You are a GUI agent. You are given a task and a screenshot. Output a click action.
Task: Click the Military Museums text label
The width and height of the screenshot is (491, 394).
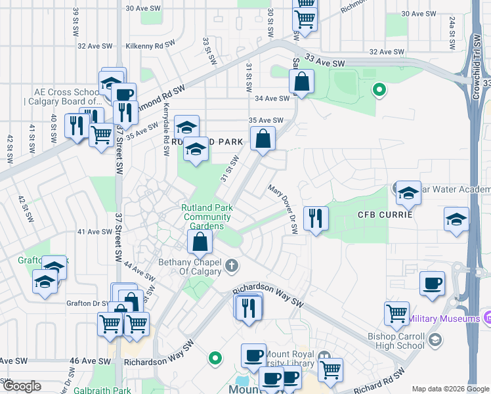[444, 319]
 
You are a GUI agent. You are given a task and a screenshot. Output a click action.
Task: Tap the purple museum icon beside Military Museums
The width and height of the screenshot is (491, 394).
[486, 318]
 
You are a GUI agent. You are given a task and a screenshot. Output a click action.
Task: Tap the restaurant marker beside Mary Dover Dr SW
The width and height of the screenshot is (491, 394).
[316, 219]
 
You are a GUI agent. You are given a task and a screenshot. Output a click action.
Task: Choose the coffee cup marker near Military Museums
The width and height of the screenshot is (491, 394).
[431, 283]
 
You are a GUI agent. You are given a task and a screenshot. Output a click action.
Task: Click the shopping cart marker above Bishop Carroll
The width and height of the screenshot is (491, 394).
[396, 314]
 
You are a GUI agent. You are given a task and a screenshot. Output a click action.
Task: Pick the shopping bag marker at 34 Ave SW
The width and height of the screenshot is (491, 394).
[301, 82]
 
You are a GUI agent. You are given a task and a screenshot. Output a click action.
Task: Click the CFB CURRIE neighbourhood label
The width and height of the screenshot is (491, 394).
[385, 215]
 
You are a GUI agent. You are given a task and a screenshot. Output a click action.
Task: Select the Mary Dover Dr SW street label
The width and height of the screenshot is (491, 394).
[284, 209]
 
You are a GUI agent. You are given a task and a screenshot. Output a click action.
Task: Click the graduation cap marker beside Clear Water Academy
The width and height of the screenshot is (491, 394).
[408, 192]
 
